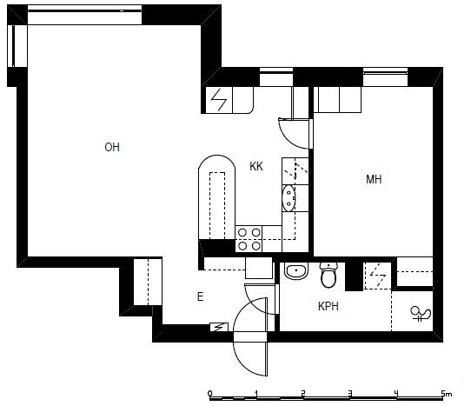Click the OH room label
click(112, 147)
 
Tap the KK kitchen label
click(256, 166)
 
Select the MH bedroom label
click(374, 179)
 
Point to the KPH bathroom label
click(328, 306)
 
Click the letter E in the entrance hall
click(201, 296)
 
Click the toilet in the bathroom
click(328, 275)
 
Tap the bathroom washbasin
click(295, 271)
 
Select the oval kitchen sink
click(289, 198)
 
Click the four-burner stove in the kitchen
click(249, 239)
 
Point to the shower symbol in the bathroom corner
click(421, 314)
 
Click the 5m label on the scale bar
click(447, 393)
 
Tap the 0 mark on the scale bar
click(209, 393)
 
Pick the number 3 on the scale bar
click(350, 393)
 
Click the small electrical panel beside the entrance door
click(219, 327)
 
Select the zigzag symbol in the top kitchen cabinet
click(219, 100)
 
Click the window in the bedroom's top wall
click(385, 77)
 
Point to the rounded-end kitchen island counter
click(217, 197)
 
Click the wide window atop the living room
click(84, 15)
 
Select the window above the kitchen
click(276, 77)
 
